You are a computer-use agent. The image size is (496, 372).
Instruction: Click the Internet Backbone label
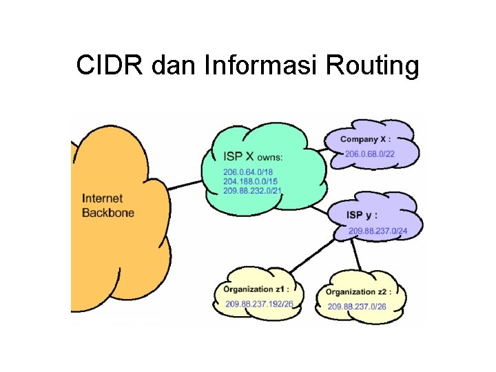[x=108, y=205]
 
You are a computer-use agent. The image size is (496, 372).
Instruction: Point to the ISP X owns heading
[x=253, y=157]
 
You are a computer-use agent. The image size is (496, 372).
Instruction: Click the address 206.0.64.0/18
[x=247, y=172]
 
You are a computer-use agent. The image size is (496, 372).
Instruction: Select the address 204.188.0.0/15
[x=250, y=180]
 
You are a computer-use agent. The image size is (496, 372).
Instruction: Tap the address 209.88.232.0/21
[x=252, y=189]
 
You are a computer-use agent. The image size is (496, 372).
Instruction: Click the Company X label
[x=370, y=139]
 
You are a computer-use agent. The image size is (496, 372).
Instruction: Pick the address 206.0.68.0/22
[x=370, y=154]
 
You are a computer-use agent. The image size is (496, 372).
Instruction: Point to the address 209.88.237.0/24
[x=378, y=231]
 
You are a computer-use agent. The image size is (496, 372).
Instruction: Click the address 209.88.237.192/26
[x=259, y=304]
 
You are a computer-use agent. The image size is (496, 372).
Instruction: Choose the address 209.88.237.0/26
[x=356, y=307]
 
